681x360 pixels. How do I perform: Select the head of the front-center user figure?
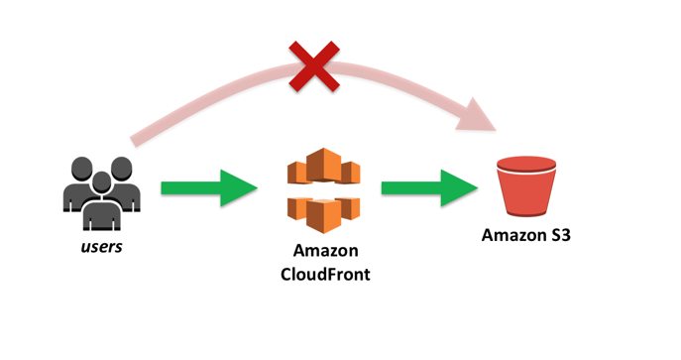pyautogui.click(x=101, y=181)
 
